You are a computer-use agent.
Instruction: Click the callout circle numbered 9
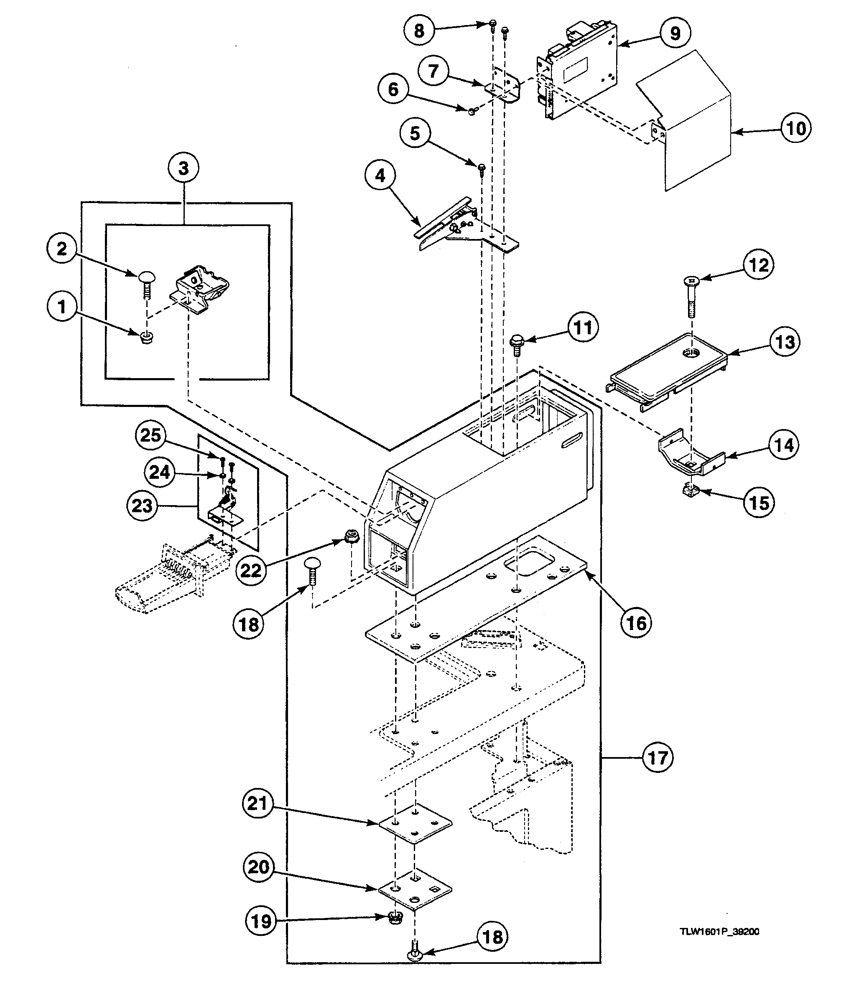click(x=675, y=33)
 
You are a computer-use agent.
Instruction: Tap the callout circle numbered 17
click(x=658, y=757)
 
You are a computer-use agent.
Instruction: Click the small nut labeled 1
click(x=147, y=338)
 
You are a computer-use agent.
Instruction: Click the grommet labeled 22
click(x=351, y=539)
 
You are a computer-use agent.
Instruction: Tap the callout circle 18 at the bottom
click(x=493, y=937)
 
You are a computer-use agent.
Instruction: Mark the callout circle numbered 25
click(x=150, y=435)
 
